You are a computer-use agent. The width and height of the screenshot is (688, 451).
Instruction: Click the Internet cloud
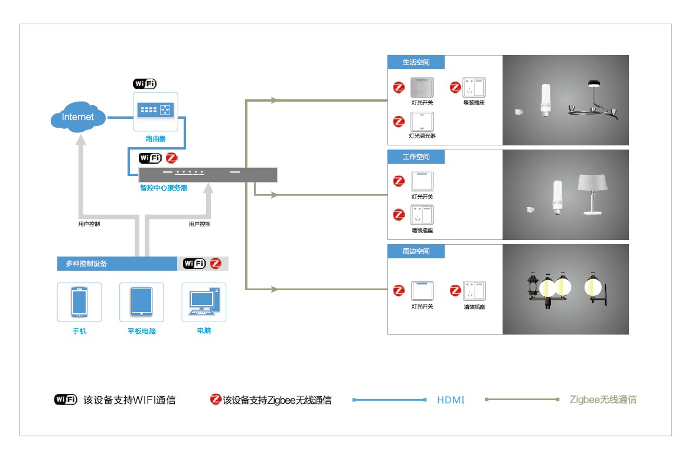click(x=78, y=117)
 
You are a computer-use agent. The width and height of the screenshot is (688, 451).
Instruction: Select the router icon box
click(x=155, y=111)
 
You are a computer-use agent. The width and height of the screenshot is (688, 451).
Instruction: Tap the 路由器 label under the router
click(x=155, y=139)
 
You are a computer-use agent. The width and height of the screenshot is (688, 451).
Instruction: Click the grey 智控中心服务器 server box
click(x=207, y=174)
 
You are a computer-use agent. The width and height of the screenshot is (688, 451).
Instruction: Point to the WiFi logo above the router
click(x=145, y=83)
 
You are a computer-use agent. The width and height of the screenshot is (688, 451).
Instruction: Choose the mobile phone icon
click(x=79, y=301)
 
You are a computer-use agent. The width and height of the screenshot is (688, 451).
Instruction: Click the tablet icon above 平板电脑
click(x=142, y=301)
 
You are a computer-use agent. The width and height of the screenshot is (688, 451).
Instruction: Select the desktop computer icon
click(x=204, y=301)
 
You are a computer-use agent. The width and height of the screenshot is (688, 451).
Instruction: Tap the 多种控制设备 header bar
click(x=118, y=264)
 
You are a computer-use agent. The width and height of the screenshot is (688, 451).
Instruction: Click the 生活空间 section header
click(x=416, y=62)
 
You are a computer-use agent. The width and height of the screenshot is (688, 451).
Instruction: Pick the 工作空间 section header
click(x=416, y=157)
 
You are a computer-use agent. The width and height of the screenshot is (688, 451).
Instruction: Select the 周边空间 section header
click(x=416, y=251)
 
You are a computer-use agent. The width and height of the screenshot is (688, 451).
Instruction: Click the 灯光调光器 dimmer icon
click(x=422, y=121)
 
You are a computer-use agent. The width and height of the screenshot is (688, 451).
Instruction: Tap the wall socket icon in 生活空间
click(x=474, y=87)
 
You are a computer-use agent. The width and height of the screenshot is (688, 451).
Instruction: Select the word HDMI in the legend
click(x=451, y=400)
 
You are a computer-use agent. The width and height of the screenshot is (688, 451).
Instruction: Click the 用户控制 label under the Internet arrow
click(x=89, y=224)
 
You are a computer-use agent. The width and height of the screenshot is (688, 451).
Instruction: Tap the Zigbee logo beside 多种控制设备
click(x=216, y=264)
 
